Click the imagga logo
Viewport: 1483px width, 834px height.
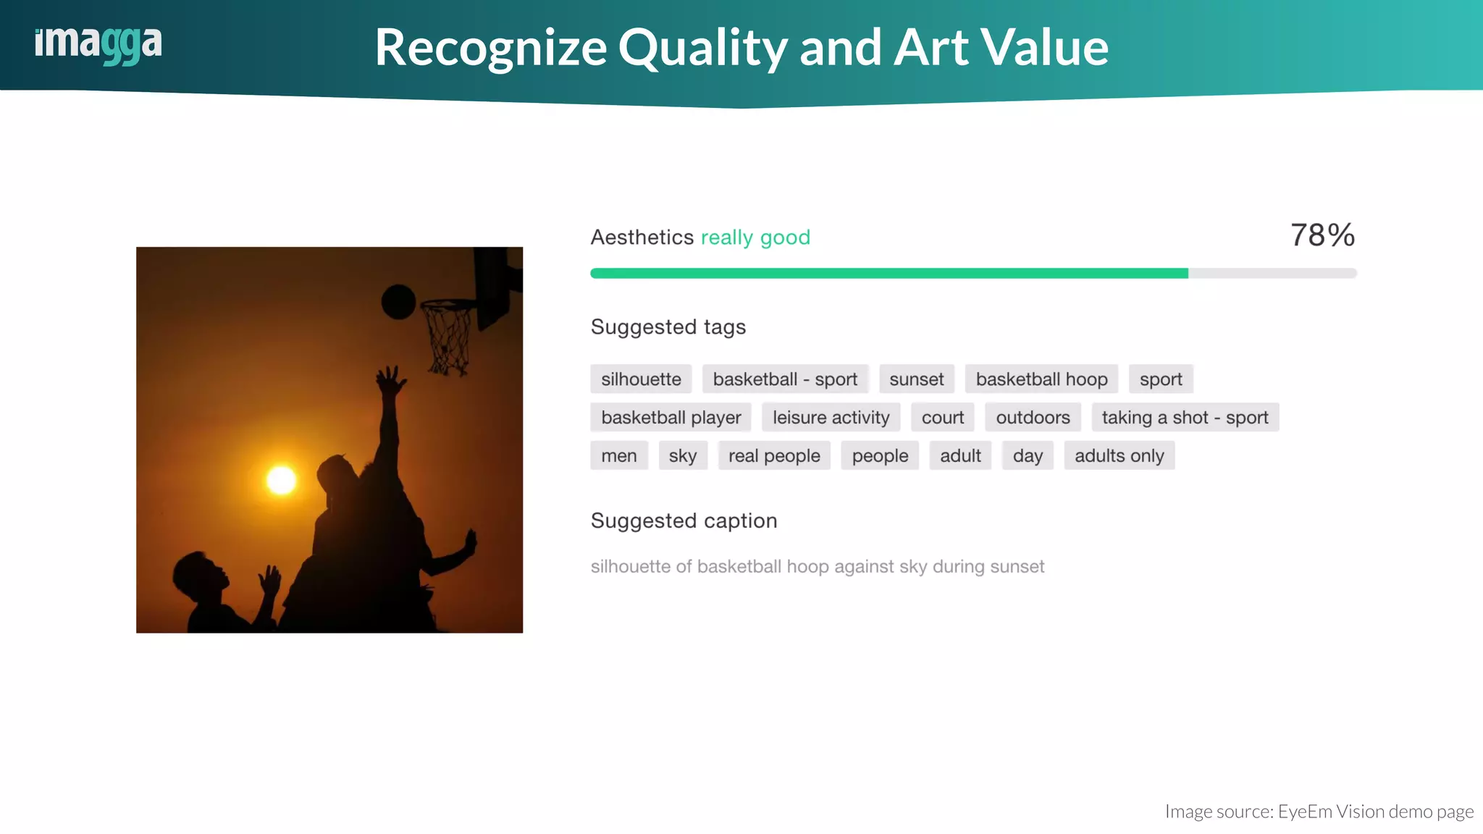tap(98, 45)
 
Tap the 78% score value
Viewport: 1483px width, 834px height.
tap(1322, 235)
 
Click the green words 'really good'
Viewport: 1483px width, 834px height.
tap(755, 237)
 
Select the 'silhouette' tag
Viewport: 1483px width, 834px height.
tap(641, 379)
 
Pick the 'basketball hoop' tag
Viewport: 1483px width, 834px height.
tap(1041, 379)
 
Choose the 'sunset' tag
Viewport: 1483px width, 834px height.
tap(916, 379)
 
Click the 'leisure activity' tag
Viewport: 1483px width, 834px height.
tap(831, 418)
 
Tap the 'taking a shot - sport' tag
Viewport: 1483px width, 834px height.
tap(1185, 418)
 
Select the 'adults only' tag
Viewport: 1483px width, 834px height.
tap(1119, 456)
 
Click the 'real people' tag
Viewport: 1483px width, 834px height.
tap(774, 456)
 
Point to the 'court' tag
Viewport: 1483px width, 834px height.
tap(942, 418)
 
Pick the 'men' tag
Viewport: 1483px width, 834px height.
tap(618, 456)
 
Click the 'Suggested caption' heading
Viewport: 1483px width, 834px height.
tap(684, 521)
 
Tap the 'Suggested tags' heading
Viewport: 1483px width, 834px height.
tap(668, 327)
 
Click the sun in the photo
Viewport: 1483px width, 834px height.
tap(282, 480)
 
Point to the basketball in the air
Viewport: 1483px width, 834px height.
tap(398, 302)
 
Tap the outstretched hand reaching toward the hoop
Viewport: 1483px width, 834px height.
tap(391, 380)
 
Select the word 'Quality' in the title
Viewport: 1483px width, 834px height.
tap(702, 48)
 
